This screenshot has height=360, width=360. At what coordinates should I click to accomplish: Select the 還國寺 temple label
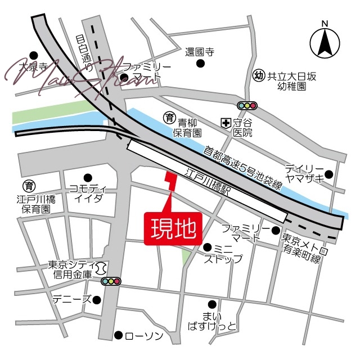pos(200,52)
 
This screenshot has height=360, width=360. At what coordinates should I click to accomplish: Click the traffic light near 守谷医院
pos(247,105)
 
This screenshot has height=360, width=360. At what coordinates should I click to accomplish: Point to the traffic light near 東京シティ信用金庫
pos(111,281)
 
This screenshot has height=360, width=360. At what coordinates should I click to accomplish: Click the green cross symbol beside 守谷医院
pos(225,122)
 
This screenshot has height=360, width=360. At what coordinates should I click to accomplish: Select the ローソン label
pos(143,336)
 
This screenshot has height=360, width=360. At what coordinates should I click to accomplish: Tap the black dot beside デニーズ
pos(97,300)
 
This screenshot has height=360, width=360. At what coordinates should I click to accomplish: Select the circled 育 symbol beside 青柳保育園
pos(168,118)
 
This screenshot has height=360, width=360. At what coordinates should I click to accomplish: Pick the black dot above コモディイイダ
pos(87,177)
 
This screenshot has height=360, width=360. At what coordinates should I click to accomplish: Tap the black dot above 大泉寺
pos(33,55)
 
